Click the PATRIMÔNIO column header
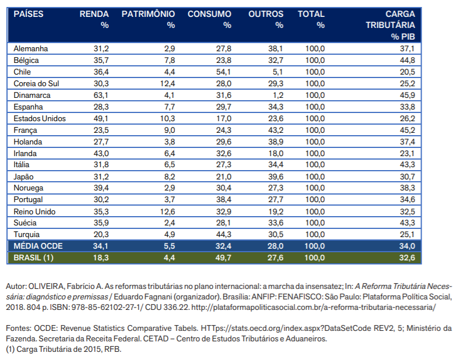pyautogui.click(x=148, y=14)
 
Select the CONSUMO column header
pyautogui.click(x=209, y=14)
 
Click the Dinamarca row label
pyautogui.click(x=32, y=95)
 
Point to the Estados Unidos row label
pyautogui.click(x=40, y=118)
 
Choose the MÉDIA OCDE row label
pyautogui.click(x=38, y=246)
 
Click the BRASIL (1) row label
pyautogui.click(x=33, y=257)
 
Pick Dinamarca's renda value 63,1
pyautogui.click(x=101, y=96)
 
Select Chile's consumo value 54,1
pyautogui.click(x=224, y=72)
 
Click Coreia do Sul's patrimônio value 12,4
pyautogui.click(x=167, y=84)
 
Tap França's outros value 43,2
pyautogui.click(x=276, y=130)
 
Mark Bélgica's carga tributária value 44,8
pyautogui.click(x=408, y=61)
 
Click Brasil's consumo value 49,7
pyautogui.click(x=223, y=257)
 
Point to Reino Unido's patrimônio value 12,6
pyautogui.click(x=167, y=211)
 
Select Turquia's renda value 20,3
pyautogui.click(x=101, y=234)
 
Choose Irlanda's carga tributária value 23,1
pyautogui.click(x=408, y=154)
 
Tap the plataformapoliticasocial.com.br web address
pyautogui.click(x=313, y=308)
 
